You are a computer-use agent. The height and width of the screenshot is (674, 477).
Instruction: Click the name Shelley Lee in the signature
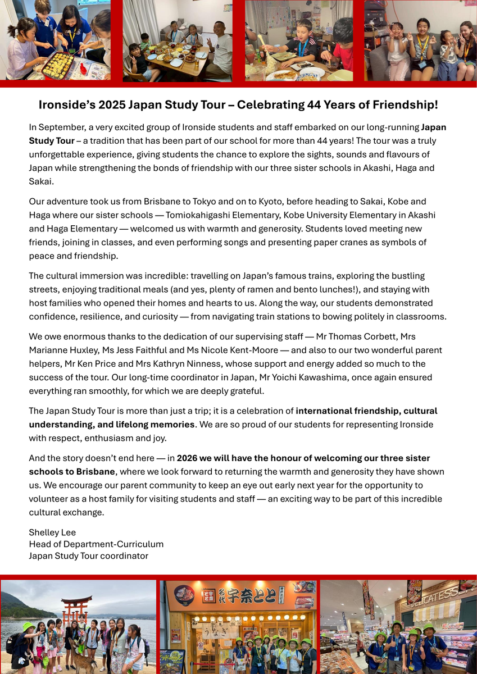click(x=52, y=532)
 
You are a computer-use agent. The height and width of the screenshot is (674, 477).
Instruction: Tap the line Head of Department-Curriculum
click(x=96, y=544)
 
